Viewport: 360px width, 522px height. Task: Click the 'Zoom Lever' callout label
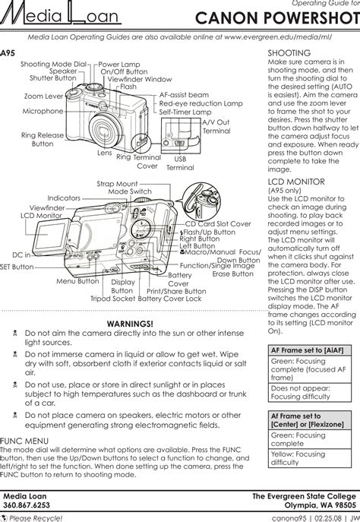[43, 96]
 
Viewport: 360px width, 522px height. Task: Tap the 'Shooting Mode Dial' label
[54, 64]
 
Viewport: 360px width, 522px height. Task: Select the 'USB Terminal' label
[180, 163]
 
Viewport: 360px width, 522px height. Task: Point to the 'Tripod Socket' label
[113, 299]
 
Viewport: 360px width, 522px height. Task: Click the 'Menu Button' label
[77, 281]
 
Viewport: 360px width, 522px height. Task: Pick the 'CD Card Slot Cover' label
[218, 223]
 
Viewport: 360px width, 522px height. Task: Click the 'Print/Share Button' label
[176, 291]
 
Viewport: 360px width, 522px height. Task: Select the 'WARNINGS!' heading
[130, 324]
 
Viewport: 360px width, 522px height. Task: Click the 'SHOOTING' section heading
[289, 53]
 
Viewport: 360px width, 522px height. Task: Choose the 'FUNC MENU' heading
[24, 441]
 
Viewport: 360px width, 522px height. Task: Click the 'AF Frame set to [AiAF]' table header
[307, 350]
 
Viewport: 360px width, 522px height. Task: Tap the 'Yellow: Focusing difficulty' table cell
[298, 458]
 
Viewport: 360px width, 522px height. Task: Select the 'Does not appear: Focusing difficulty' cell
[301, 392]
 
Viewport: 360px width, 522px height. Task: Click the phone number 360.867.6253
[27, 505]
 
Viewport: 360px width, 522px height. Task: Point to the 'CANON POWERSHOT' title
[277, 18]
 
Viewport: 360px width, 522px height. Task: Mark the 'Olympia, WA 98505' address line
[320, 505]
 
